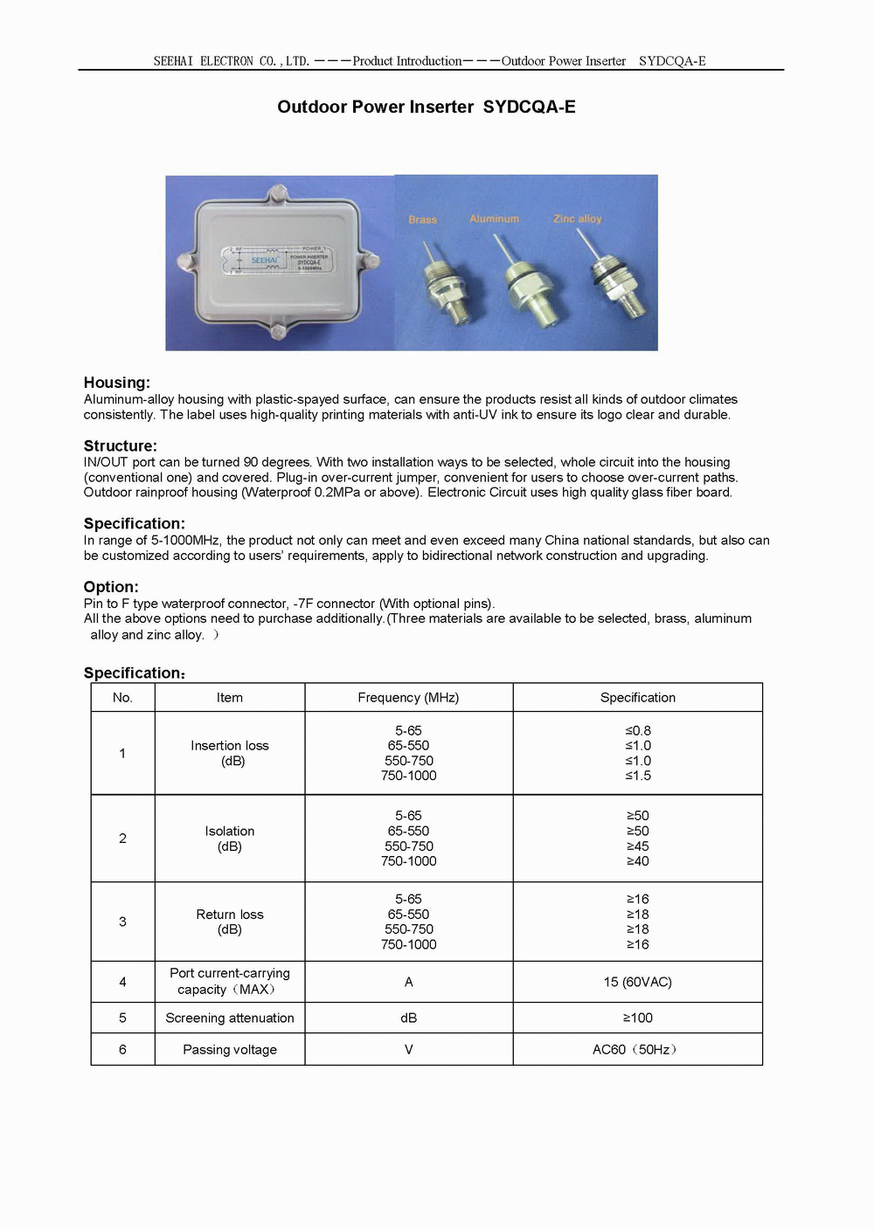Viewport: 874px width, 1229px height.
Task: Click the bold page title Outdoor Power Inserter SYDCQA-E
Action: tap(426, 107)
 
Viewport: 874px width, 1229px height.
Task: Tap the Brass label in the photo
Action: tap(422, 219)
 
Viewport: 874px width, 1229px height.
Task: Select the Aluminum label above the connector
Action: tap(494, 218)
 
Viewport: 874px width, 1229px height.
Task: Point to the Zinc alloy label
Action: tap(577, 218)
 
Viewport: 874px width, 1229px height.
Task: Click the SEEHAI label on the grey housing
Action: tap(264, 260)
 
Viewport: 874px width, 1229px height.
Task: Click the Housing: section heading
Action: tap(117, 383)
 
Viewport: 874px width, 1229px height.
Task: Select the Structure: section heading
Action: tap(121, 445)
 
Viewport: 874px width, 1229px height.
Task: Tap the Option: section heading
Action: tap(111, 587)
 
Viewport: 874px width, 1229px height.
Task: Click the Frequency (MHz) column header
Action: tap(408, 697)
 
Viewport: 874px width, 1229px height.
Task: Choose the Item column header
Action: tap(230, 697)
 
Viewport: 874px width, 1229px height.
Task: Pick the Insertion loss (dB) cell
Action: tap(230, 753)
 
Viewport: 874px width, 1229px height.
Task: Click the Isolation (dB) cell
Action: tap(230, 839)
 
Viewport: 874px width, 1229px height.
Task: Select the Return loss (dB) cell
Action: tap(230, 922)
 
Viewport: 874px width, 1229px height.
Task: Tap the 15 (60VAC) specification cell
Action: tap(637, 982)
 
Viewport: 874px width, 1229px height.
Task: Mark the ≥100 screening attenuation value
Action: tap(637, 1018)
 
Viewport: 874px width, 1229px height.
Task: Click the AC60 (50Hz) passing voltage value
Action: tap(635, 1049)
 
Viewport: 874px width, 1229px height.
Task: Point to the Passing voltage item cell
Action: tap(230, 1049)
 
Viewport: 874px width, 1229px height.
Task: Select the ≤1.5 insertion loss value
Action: tap(637, 776)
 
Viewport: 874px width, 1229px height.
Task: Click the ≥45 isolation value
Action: tap(637, 846)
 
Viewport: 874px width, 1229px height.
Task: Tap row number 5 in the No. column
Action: tap(122, 1018)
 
